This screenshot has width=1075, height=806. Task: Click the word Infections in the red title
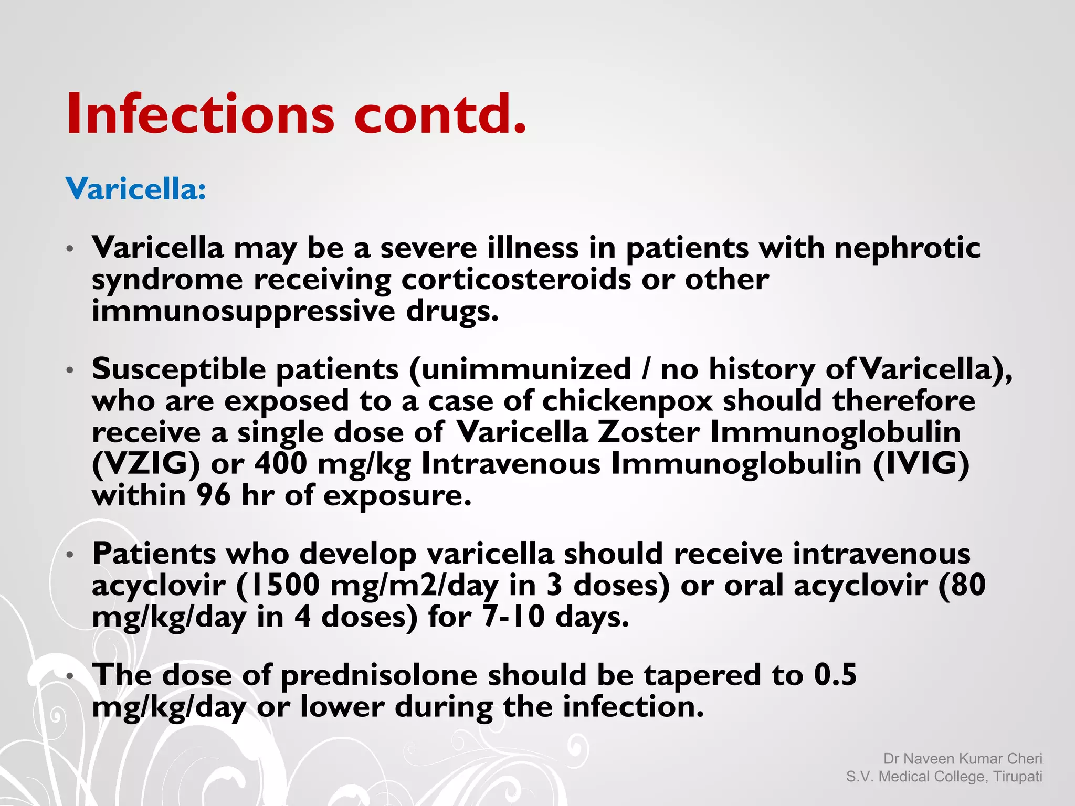coord(199,114)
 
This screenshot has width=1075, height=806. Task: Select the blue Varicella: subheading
coord(135,188)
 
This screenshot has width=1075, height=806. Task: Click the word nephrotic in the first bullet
coord(907,248)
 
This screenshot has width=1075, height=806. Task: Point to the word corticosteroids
coord(516,279)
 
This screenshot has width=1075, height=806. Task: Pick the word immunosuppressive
coord(243,311)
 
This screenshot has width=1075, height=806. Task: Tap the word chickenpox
coord(627,401)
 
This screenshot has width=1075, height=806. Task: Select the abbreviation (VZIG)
coord(146,464)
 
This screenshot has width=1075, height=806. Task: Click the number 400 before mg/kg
coord(281,464)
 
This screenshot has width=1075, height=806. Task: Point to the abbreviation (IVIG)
coord(921,464)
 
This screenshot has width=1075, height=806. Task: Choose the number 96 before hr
coord(214,495)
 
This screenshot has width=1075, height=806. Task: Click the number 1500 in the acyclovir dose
coord(284,585)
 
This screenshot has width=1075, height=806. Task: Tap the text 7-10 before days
coord(513,617)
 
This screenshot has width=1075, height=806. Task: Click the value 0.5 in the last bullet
coord(835,675)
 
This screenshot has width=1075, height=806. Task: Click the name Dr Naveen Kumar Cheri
coord(963,759)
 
